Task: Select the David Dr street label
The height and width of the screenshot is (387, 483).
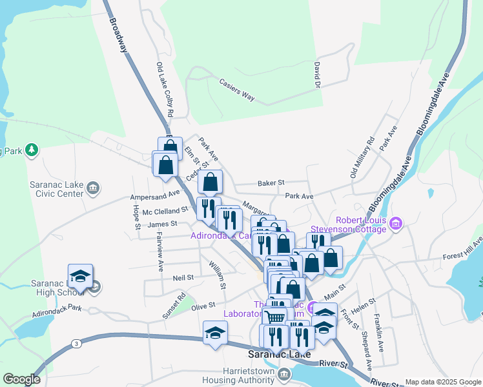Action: (x=317, y=75)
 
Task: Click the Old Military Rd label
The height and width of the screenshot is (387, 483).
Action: (x=362, y=157)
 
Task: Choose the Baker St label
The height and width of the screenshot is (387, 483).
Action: (x=271, y=183)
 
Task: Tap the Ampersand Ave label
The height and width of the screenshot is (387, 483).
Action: (x=155, y=193)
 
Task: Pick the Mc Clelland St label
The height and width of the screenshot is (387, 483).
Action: (x=165, y=210)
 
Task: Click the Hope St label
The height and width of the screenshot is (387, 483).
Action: (x=136, y=217)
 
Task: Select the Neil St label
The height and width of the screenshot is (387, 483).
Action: (x=183, y=277)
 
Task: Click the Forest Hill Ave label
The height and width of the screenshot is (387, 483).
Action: (x=462, y=252)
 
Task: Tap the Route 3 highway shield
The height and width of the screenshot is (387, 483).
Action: (x=77, y=342)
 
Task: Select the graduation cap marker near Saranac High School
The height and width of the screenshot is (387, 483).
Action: (x=81, y=276)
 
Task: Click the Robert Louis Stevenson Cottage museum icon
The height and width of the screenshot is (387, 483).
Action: (x=396, y=224)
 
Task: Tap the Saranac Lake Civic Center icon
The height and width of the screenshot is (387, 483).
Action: (x=94, y=188)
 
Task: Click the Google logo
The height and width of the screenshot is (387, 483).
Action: (x=21, y=379)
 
